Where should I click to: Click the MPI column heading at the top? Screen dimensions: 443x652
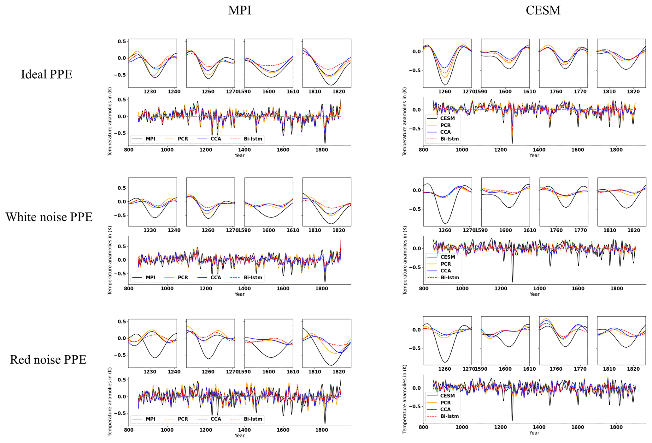(240, 10)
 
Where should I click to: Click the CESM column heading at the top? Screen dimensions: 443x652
(543, 10)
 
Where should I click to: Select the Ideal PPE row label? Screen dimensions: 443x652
(47, 74)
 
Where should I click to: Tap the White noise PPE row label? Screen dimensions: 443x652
(49, 217)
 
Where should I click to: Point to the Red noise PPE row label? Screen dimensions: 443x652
(48, 359)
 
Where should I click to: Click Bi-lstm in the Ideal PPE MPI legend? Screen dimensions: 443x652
(253, 139)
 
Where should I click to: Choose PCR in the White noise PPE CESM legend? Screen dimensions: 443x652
(446, 264)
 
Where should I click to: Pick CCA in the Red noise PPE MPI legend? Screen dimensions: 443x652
(216, 419)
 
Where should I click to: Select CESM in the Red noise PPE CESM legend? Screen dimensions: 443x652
(447, 396)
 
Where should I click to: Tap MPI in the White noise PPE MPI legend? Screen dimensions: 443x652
(150, 277)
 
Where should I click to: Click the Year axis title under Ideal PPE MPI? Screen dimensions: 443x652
(239, 155)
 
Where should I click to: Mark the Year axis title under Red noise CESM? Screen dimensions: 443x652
(534, 433)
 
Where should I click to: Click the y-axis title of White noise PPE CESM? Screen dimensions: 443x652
(405, 260)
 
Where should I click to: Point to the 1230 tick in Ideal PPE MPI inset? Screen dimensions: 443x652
(150, 92)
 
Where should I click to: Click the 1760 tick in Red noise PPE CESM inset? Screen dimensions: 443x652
(556, 369)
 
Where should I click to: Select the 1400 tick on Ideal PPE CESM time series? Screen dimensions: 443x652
(539, 149)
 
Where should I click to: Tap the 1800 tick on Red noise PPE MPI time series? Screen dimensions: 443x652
(321, 430)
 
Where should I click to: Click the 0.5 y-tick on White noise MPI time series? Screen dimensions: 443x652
(122, 246)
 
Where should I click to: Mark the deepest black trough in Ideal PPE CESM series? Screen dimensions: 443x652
(512, 143)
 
